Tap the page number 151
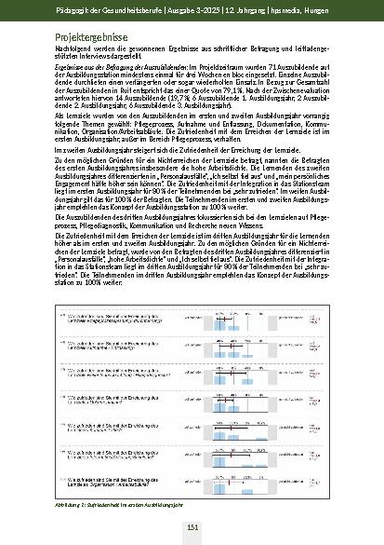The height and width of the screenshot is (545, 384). tap(191, 526)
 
